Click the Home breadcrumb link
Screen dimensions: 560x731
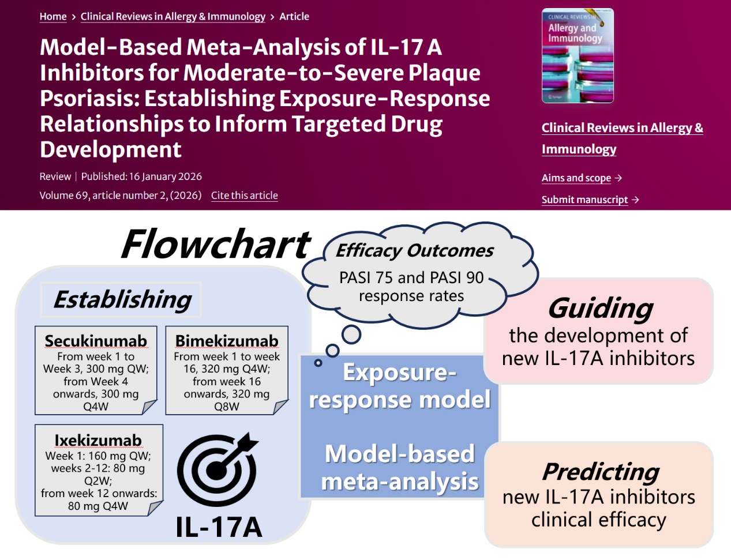tap(53, 17)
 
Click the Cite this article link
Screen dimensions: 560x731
tap(244, 196)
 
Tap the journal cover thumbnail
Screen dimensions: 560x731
tap(578, 56)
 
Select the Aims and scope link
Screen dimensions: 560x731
tap(576, 178)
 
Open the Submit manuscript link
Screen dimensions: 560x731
tap(584, 200)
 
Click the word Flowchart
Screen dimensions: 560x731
tap(216, 245)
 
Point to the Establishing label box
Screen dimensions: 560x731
tap(122, 300)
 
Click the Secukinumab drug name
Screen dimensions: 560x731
tap(96, 341)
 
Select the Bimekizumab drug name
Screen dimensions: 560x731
tap(227, 341)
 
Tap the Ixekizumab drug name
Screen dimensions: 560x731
tap(98, 441)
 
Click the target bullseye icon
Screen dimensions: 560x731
tap(218, 469)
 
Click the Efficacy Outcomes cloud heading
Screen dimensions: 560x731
tap(414, 251)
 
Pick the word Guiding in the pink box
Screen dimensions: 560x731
tap(600, 308)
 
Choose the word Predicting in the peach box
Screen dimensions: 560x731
tap(600, 472)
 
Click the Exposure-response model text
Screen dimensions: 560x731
tap(399, 386)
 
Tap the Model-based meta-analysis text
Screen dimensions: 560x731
tap(399, 467)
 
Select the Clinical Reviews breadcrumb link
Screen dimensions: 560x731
tap(173, 17)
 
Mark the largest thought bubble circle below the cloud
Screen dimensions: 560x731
tap(351, 334)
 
